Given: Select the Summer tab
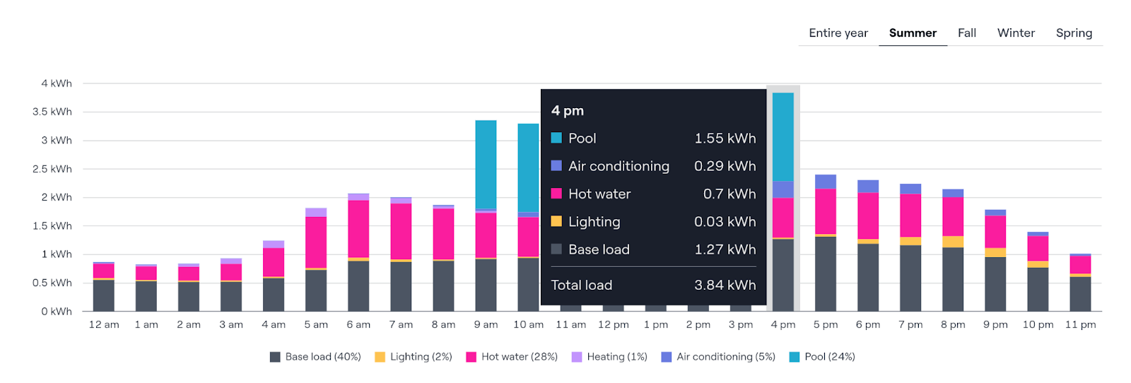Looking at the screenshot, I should [913, 33].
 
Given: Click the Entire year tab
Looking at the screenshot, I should [838, 33].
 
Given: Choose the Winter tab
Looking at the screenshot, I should [1016, 33].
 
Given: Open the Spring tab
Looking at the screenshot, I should [1074, 33].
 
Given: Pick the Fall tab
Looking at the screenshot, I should [967, 33].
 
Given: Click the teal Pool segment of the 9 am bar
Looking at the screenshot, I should [486, 165].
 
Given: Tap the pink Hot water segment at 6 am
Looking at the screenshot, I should [358, 229].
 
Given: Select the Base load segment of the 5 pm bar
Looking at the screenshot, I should [826, 273].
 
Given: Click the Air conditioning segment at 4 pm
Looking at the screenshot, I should [783, 189].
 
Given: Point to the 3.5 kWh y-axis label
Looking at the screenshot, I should [52, 112].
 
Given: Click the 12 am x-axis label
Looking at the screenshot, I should [104, 324].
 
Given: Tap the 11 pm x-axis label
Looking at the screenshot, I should [1080, 324].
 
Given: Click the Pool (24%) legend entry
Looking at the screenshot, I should [822, 357].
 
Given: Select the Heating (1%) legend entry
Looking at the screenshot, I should [609, 357].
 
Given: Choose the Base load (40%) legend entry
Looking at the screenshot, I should [315, 357].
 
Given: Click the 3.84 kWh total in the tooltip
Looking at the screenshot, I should [725, 285].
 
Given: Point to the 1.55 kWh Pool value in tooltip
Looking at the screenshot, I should [725, 139].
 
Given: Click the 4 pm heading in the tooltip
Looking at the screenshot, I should [568, 111].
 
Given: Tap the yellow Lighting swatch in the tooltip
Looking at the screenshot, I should [556, 221].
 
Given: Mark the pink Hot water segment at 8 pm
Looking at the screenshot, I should [953, 216].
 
